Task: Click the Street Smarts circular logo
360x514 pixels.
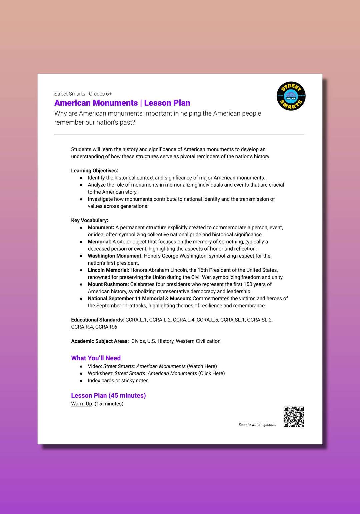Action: [x=291, y=96]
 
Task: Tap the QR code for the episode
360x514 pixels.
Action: [x=294, y=417]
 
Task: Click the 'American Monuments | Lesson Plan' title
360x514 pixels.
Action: [x=122, y=103]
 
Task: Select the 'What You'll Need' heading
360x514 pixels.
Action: [x=96, y=358]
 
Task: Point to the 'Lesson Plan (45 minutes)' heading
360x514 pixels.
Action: [x=108, y=395]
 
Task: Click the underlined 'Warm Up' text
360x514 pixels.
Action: [x=81, y=404]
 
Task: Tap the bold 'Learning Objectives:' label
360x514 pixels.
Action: [x=94, y=171]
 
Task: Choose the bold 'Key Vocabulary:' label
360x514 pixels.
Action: [x=89, y=220]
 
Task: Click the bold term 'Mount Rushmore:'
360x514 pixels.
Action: [x=108, y=284]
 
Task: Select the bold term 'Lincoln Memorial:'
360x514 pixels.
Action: [x=108, y=270]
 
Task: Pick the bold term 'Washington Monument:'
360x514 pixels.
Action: [x=115, y=256]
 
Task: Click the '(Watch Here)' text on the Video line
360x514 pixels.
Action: [x=202, y=366]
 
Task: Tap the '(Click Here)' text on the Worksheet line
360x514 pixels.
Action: [x=211, y=373]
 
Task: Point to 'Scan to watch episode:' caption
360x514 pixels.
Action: [x=257, y=425]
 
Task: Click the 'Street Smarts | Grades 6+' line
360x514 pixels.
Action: [x=83, y=94]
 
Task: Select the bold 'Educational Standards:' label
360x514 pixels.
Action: [x=97, y=320]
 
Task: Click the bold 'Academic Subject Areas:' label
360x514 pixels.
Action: [x=100, y=341]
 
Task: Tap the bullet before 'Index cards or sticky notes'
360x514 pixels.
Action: [x=81, y=381]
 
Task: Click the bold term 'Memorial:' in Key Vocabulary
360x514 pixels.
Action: [x=99, y=242]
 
